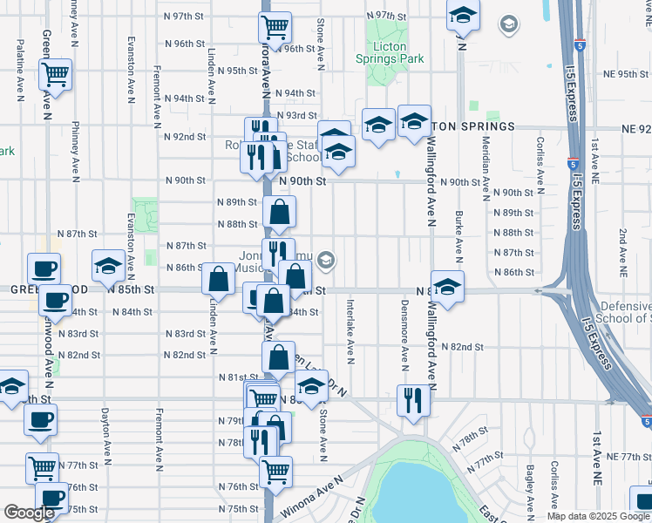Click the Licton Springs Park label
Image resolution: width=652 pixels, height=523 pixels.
click(x=390, y=51)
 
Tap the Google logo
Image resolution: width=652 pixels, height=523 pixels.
click(x=29, y=513)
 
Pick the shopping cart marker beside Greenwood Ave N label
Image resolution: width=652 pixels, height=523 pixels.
click(x=57, y=74)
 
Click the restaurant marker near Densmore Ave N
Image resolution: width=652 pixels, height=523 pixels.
click(x=412, y=399)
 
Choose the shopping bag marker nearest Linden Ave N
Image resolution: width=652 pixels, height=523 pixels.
click(x=217, y=279)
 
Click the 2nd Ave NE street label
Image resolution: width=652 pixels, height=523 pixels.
click(x=622, y=254)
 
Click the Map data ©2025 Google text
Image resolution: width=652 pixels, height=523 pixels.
click(x=597, y=516)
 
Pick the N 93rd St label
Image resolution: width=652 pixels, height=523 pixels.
click(x=296, y=115)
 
